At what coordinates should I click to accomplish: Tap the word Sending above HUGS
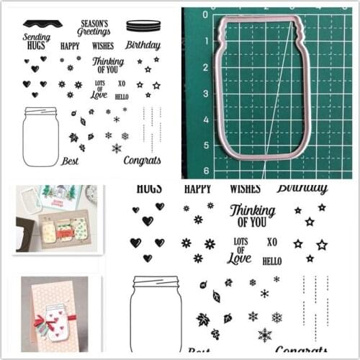tap(37, 35)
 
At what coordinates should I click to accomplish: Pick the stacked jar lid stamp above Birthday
tap(143, 26)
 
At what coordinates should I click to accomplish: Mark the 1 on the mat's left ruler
tap(206, 40)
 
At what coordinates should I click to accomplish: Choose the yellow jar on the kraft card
tap(48, 231)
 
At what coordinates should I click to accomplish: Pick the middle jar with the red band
tap(64, 230)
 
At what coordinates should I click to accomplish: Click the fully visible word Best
tap(70, 161)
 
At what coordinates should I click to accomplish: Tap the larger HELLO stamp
tap(271, 261)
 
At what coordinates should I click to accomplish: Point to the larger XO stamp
tap(272, 242)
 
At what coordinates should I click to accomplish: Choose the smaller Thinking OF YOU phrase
tap(109, 66)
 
